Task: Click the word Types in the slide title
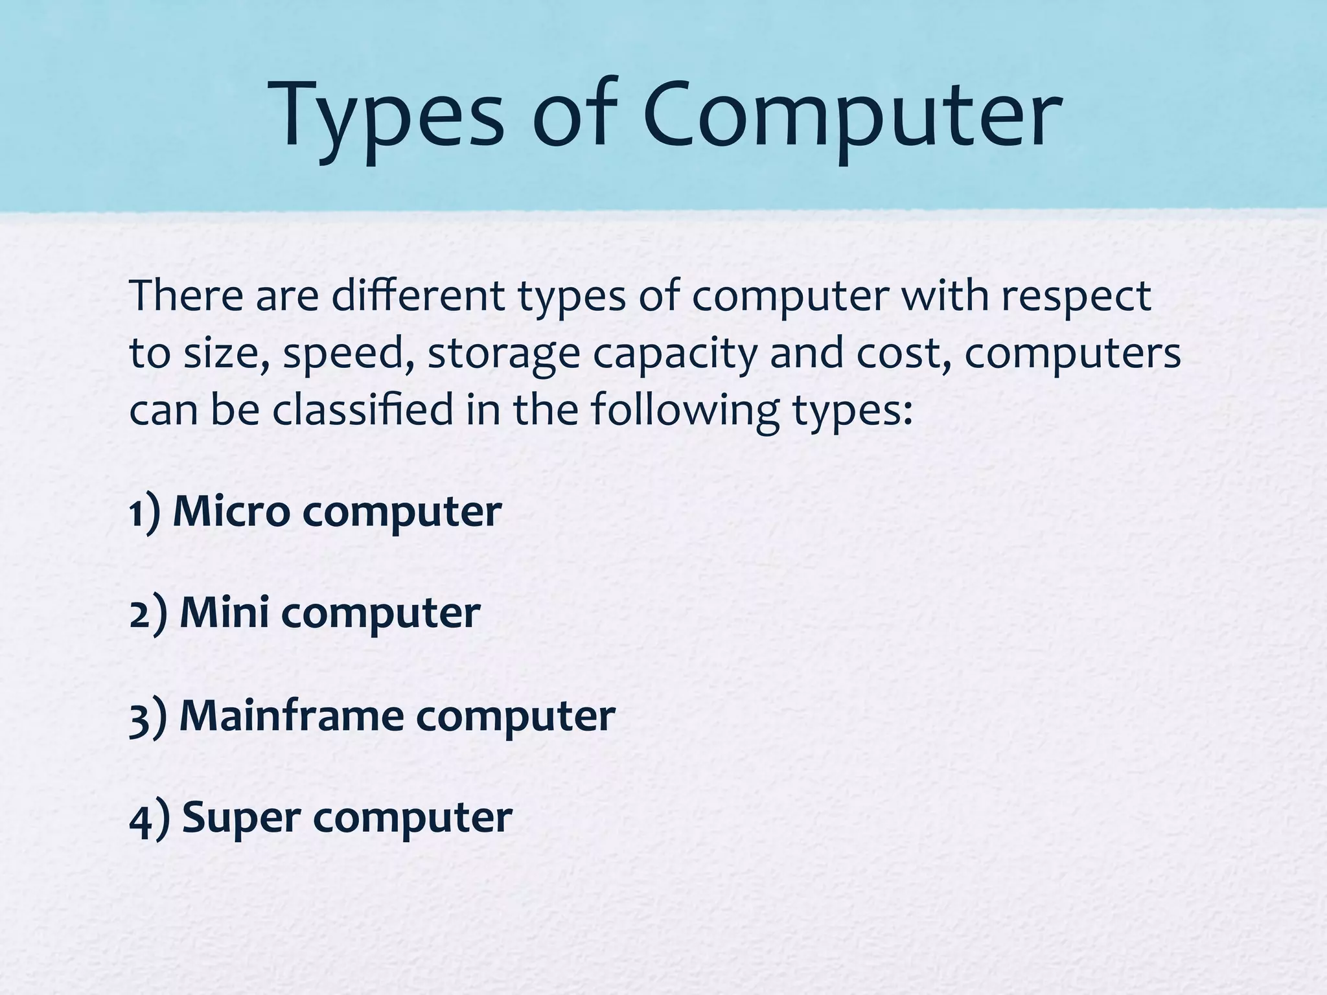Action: coord(389,117)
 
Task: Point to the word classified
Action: coord(362,411)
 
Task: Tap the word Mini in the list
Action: coord(224,613)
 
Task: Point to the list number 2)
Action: coord(148,614)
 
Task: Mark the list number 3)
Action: coord(148,717)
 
